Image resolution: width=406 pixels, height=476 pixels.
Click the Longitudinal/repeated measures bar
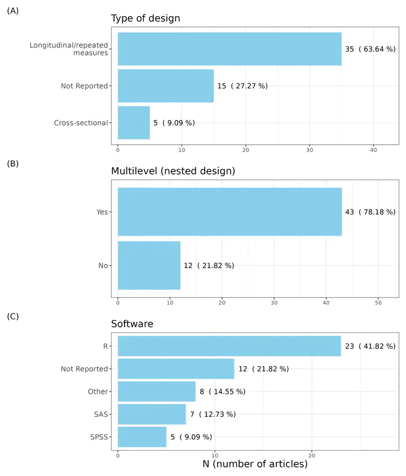230,49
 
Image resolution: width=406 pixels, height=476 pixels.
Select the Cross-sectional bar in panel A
134,123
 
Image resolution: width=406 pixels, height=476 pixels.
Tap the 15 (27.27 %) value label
242,86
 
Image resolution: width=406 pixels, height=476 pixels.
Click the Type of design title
145,19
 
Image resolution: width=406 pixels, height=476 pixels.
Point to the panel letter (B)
13,164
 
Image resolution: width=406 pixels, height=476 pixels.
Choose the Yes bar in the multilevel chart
230,212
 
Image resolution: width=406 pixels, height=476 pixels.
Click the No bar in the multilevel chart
149,265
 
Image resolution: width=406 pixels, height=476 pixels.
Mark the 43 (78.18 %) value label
370,212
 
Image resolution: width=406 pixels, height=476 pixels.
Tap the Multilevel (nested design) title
173,171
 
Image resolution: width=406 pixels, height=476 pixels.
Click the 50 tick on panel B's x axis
378,303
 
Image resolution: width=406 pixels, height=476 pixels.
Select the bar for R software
229,346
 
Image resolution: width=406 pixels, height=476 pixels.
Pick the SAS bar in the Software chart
151,415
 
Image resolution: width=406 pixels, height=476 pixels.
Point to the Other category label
98,392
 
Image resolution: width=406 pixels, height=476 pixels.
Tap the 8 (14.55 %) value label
222,392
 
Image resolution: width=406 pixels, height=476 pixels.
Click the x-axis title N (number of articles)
255,464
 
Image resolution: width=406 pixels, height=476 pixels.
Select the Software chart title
132,324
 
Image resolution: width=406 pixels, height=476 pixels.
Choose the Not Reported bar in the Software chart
175,369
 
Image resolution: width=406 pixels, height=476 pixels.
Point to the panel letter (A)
13,10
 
